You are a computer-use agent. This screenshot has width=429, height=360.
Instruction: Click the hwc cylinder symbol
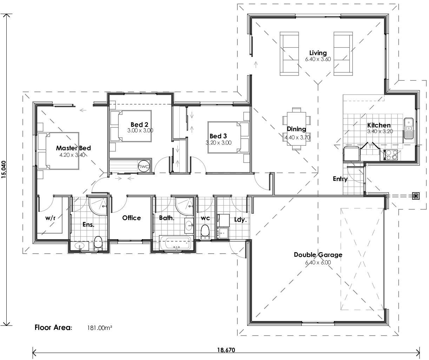coord(144,166)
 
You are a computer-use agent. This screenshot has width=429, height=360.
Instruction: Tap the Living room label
coord(318,53)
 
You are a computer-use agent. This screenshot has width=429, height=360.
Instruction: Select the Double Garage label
coord(318,255)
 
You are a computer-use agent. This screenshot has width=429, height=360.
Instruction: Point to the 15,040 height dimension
coord(4,170)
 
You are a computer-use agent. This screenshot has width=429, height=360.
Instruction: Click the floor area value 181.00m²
coord(99,328)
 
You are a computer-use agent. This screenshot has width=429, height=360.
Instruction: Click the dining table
coord(297,128)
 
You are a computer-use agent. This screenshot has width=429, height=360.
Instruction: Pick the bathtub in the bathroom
coord(176,243)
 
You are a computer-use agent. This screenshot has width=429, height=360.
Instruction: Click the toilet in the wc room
coord(205,232)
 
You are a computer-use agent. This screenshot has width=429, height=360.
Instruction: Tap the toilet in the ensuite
coord(98,243)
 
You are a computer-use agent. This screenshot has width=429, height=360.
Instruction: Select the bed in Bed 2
coord(131,126)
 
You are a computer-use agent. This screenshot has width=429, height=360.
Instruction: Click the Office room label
coord(131,218)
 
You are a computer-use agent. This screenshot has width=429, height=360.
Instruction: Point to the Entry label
coord(340,179)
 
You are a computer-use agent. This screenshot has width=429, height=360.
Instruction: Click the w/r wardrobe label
coord(51,218)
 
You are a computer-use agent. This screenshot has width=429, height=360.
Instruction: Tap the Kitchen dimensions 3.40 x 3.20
coord(380,131)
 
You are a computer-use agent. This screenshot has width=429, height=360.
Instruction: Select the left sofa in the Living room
coord(289,53)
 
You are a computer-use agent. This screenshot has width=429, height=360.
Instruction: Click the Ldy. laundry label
coord(240,220)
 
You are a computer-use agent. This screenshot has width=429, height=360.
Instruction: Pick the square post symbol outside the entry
coord(416,196)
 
